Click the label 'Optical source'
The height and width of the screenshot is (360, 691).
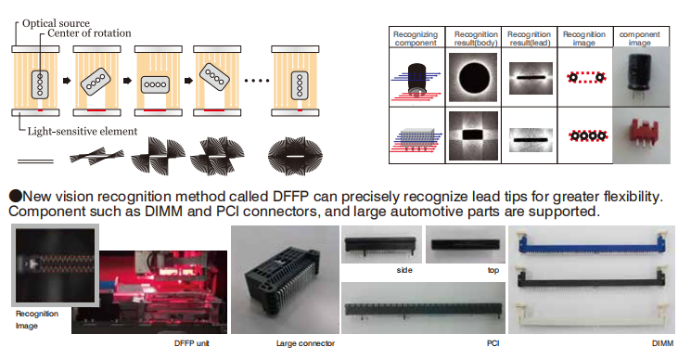[56, 23]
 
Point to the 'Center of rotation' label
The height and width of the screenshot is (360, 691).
[89, 33]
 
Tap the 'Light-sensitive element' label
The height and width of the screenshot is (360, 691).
[83, 132]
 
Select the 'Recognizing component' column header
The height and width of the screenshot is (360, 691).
[416, 38]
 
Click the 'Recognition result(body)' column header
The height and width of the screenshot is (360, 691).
[476, 38]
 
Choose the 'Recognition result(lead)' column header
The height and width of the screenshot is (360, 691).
[529, 38]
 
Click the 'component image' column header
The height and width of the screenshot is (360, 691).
[639, 38]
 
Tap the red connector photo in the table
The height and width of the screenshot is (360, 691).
[641, 135]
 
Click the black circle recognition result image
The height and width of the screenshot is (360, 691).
[473, 78]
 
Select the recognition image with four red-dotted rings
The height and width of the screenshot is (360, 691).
[588, 135]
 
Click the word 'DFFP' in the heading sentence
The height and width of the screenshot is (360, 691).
[291, 196]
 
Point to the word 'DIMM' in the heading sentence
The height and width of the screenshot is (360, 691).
[163, 211]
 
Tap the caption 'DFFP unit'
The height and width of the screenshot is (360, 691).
[192, 343]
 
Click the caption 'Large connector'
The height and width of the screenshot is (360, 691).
[305, 343]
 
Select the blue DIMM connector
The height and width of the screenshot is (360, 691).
[592, 242]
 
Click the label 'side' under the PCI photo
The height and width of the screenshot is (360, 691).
[404, 270]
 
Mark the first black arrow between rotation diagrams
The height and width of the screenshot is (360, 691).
[67, 81]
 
